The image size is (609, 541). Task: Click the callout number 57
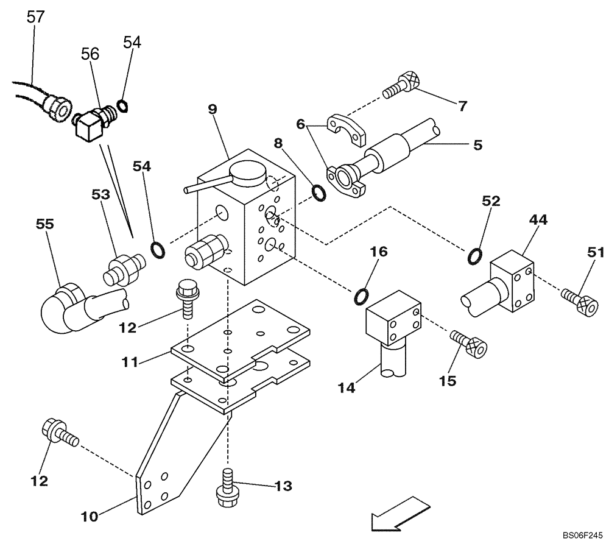coord(36,17)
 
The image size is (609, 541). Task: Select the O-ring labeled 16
coord(361,296)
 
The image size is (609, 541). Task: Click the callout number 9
coord(212,110)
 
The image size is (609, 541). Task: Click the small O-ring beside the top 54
coord(122,107)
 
